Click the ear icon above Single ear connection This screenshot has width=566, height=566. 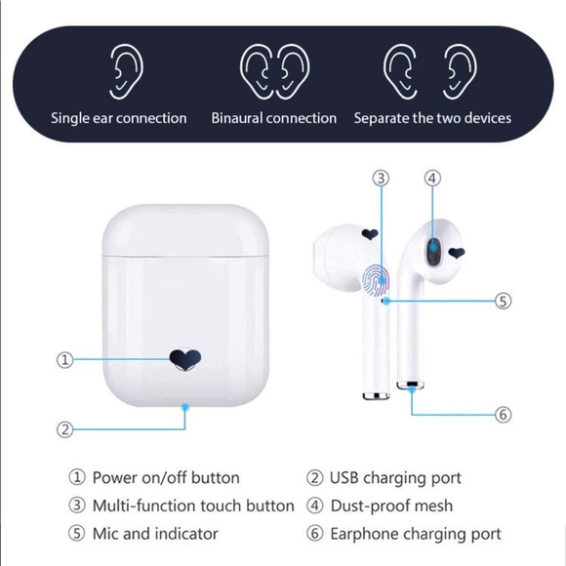(126, 71)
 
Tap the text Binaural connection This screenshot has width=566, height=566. (273, 118)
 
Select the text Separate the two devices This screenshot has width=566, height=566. (432, 118)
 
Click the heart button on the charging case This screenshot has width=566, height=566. (185, 359)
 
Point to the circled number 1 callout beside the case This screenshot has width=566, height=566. (65, 359)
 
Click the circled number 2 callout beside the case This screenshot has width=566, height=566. (65, 429)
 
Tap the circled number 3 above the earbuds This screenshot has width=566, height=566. (381, 178)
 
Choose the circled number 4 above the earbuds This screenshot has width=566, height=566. (432, 178)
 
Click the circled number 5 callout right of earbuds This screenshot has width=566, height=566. (504, 301)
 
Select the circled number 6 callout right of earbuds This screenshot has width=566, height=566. (504, 415)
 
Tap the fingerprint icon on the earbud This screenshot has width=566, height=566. (376, 280)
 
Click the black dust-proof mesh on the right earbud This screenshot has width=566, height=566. (434, 251)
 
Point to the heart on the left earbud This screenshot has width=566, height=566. (370, 234)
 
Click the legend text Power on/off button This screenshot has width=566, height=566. (166, 477)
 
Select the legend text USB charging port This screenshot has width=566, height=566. (395, 478)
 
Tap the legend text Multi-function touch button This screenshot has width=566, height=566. (193, 505)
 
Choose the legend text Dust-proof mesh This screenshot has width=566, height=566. (391, 505)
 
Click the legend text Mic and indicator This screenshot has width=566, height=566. (155, 534)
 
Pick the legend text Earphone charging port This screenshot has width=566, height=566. (416, 534)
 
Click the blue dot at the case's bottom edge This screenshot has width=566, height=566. (185, 408)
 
